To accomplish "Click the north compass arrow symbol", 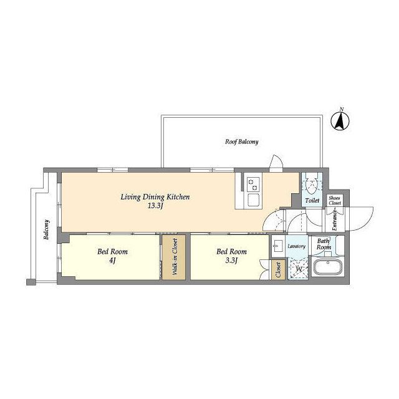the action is (340, 121).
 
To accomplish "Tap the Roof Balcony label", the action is (241, 142).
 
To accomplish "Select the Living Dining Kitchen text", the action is (155, 197).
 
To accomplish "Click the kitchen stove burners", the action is (253, 185).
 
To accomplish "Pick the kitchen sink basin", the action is (254, 199).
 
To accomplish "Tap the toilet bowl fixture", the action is (312, 185).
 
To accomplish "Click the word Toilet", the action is (312, 201).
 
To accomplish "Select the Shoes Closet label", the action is (334, 201).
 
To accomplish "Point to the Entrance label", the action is (334, 219).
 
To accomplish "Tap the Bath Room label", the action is (324, 244).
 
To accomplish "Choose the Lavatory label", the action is (297, 246).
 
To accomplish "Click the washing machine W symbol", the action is (298, 269).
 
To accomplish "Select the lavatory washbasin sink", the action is (279, 246).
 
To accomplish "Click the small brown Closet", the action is (278, 270).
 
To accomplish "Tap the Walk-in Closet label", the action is (175, 256).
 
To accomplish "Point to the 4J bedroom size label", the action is (112, 261).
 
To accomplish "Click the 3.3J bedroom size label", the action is (231, 261).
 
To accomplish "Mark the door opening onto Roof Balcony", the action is (276, 163).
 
